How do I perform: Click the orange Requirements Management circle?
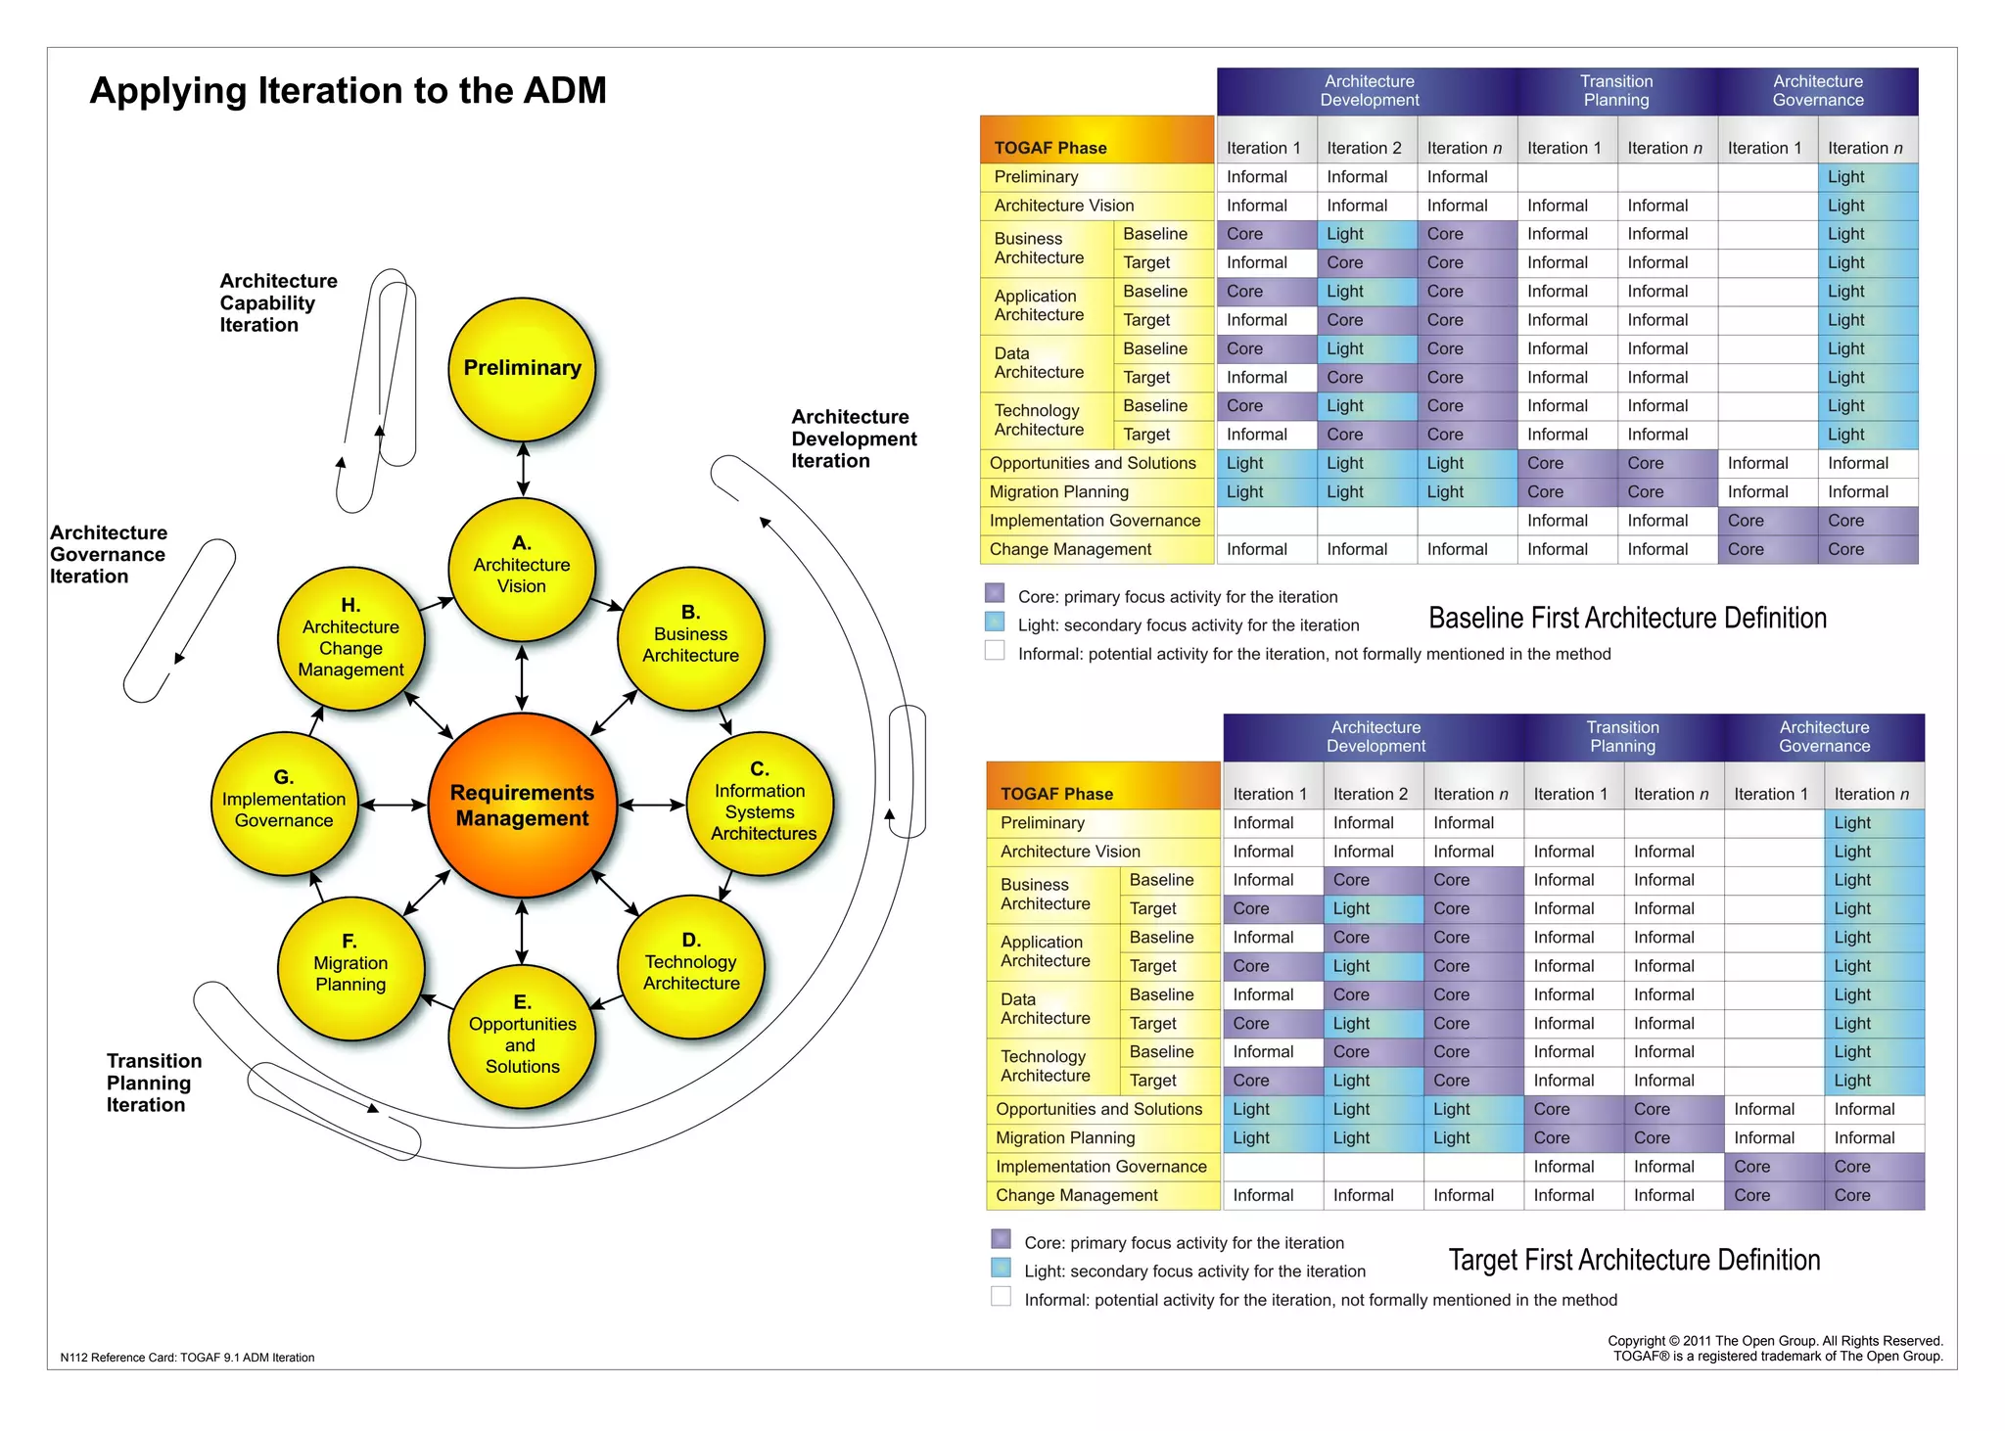[522, 805]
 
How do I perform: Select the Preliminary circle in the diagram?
[522, 369]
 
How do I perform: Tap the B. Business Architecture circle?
[690, 638]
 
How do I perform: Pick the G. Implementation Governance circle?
[284, 803]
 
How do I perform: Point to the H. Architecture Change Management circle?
[350, 638]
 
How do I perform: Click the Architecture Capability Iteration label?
[277, 302]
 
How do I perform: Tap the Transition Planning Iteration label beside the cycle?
[154, 1083]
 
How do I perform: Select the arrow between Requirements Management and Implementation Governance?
[394, 805]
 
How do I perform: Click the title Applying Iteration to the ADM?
[348, 91]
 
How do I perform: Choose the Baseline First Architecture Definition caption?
[1627, 618]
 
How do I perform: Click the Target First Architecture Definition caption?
[1634, 1260]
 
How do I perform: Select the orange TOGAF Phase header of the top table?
[1096, 141]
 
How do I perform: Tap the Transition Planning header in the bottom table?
[1622, 737]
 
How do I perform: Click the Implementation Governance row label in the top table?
[1095, 521]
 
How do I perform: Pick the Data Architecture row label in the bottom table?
[1046, 1008]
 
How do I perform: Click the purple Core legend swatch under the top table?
[995, 593]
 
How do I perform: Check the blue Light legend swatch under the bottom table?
[1001, 1268]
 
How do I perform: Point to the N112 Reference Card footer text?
[187, 1358]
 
